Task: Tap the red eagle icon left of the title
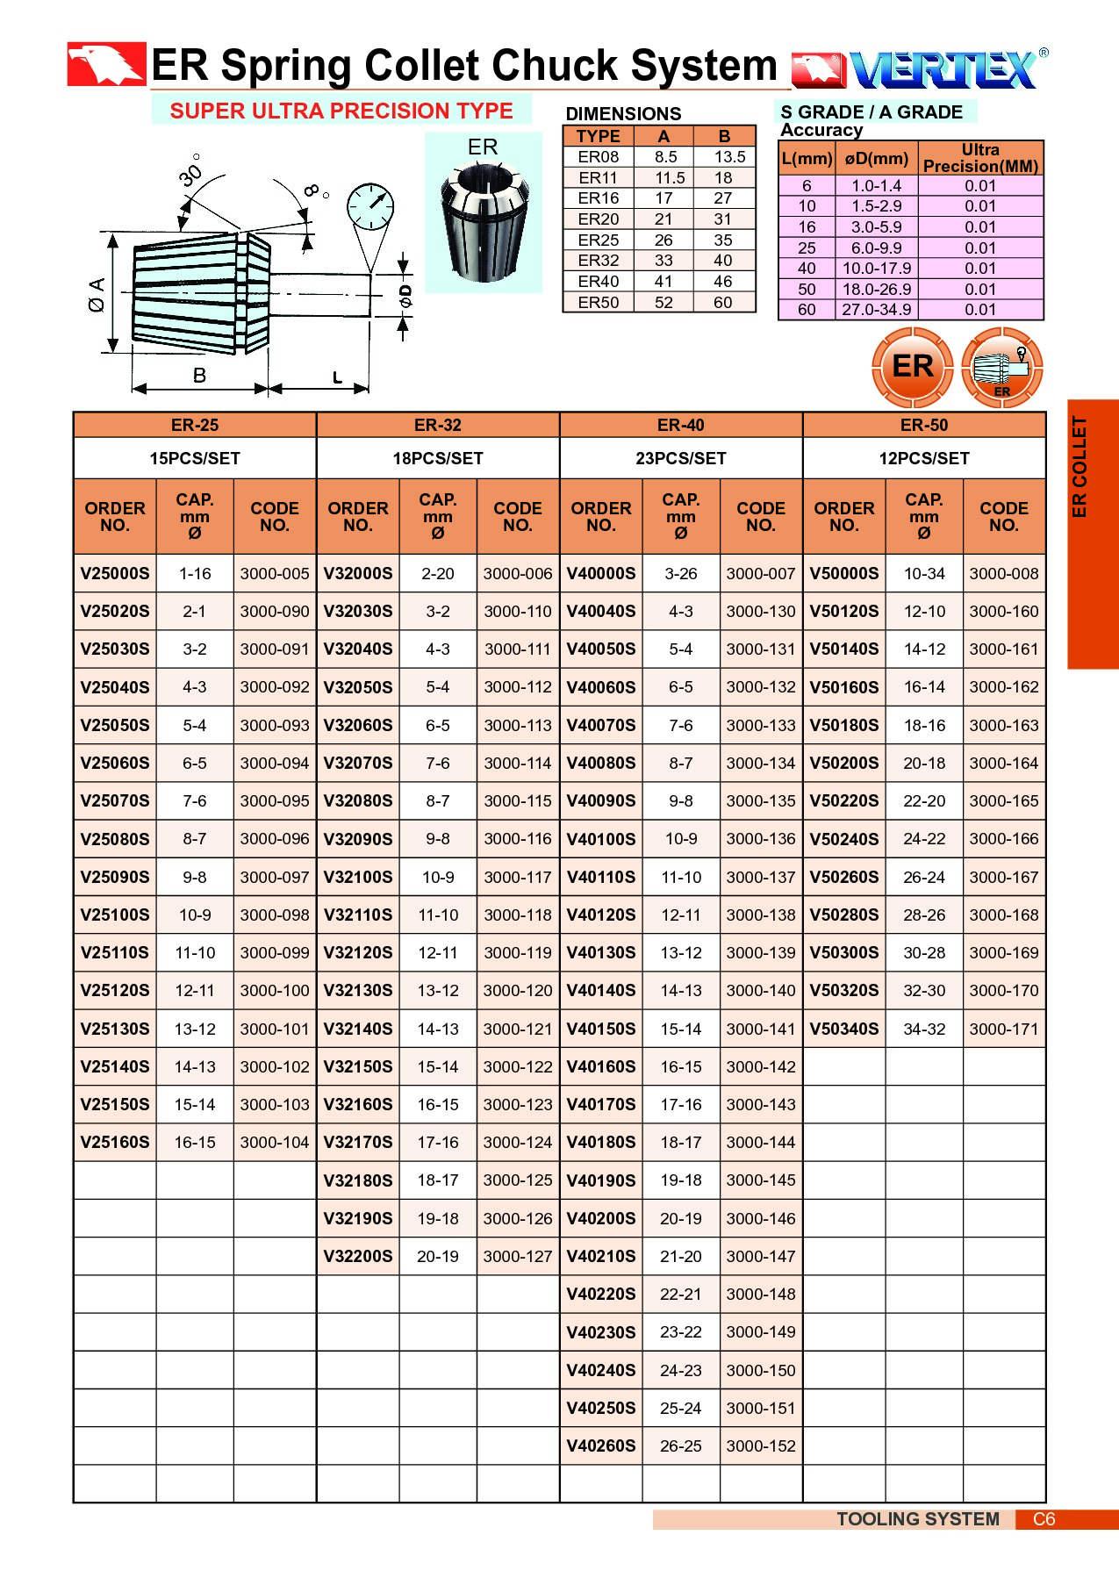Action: [x=106, y=64]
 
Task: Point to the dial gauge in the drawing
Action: [x=369, y=208]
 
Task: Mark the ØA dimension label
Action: [x=96, y=295]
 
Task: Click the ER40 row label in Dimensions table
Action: [x=599, y=282]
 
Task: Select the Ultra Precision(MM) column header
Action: [x=980, y=158]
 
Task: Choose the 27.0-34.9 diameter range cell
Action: [x=877, y=310]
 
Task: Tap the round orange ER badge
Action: [x=912, y=367]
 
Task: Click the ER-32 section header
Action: [x=438, y=426]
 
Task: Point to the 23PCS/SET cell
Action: [x=681, y=458]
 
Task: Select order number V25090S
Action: [x=115, y=877]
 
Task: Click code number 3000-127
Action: [x=518, y=1256]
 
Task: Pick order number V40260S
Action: [x=601, y=1445]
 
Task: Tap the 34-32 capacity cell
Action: [x=924, y=1029]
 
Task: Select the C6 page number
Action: [x=1044, y=1519]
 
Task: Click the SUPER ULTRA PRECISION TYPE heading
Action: [x=341, y=111]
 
